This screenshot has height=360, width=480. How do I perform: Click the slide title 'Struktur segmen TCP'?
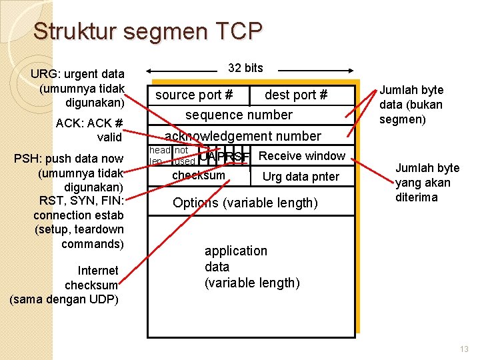click(x=148, y=31)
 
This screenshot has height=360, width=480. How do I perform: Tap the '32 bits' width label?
click(x=245, y=68)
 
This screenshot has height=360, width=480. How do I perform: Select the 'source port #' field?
click(x=194, y=95)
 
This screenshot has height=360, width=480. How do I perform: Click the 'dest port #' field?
click(x=296, y=95)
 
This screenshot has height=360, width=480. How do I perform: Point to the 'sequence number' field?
click(x=239, y=115)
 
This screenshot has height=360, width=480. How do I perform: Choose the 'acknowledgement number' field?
click(x=243, y=136)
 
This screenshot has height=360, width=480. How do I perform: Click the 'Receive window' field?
click(x=301, y=156)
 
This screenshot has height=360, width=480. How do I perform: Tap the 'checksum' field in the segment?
click(x=199, y=175)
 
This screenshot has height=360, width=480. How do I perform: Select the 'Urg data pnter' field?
click(x=301, y=177)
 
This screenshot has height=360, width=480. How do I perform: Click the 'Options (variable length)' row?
click(x=245, y=203)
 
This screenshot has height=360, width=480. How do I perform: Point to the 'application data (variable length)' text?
click(x=252, y=267)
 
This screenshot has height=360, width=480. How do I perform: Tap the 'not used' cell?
click(x=183, y=155)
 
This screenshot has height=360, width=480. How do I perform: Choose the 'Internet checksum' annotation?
click(x=65, y=285)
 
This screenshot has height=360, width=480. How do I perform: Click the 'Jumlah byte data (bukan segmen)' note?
click(x=411, y=105)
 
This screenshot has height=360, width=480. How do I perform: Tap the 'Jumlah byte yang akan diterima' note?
click(x=427, y=183)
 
